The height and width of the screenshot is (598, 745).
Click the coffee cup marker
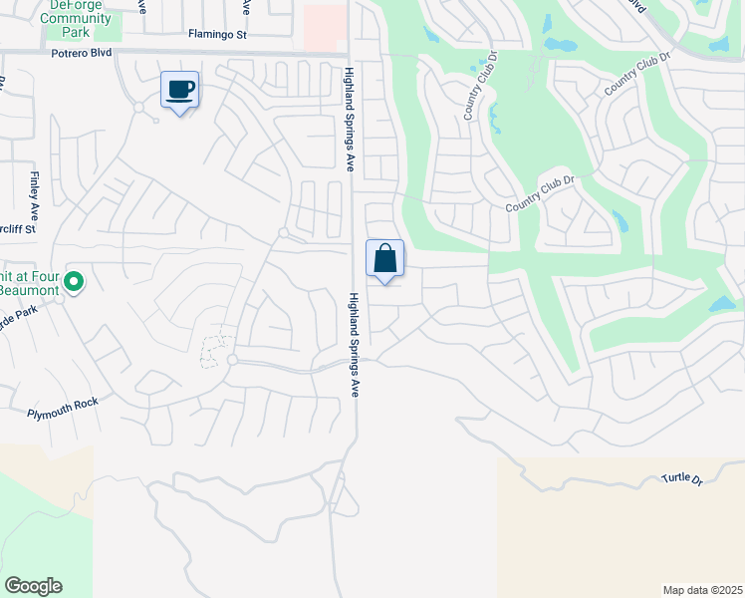pyautogui.click(x=179, y=90)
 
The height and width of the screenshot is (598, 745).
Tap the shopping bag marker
pyautogui.click(x=384, y=259)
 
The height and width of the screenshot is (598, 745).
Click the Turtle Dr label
pyautogui.click(x=682, y=479)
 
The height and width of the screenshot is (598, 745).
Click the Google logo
pyautogui.click(x=33, y=586)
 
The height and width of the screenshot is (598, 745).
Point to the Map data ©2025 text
pyautogui.click(x=702, y=590)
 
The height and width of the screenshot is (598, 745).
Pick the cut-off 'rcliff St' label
pyautogui.click(x=18, y=228)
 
